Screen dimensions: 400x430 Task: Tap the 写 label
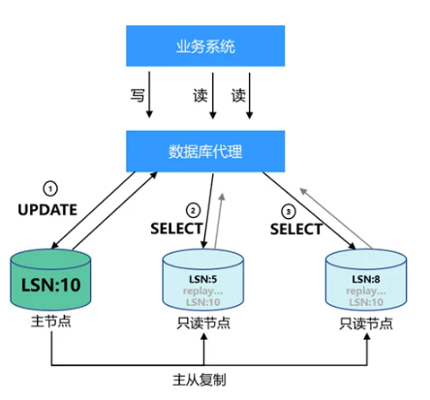coord(138,96)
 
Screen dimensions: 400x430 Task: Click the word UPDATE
coord(46,209)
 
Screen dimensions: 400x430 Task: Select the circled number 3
coord(287,210)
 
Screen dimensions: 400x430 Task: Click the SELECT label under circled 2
coord(178,229)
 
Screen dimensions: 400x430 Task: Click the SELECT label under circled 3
coord(295,229)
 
